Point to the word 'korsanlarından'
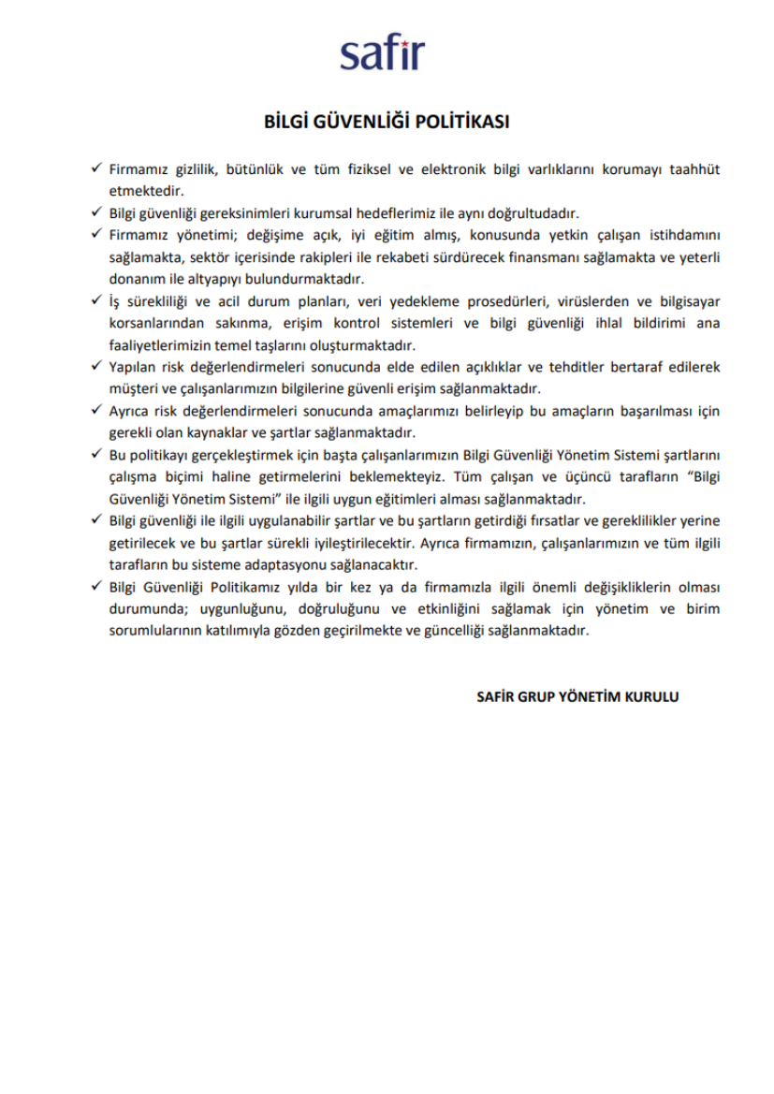155,323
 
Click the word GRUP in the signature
533,696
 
